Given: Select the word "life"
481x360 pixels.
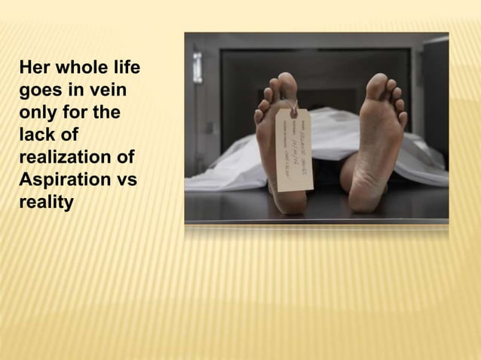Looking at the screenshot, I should [x=124, y=69].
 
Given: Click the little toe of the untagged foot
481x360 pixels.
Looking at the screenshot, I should [x=404, y=119].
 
